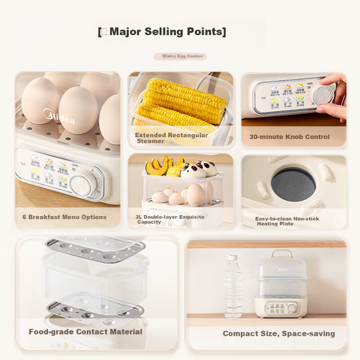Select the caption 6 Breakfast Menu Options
click(64, 217)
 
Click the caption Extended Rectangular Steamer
click(171, 138)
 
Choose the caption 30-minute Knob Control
click(289, 137)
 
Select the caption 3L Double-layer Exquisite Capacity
click(170, 219)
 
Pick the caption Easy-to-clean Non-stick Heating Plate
click(287, 221)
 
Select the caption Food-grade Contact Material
click(85, 332)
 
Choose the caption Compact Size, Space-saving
click(279, 333)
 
